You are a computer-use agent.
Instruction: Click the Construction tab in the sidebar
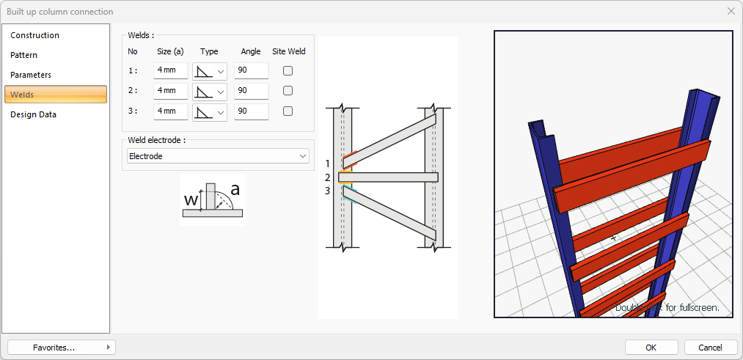pyautogui.click(x=34, y=35)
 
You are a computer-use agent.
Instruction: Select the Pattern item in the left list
pyautogui.click(x=23, y=55)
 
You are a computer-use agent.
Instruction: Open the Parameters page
pyautogui.click(x=31, y=75)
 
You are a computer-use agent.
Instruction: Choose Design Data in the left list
pyautogui.click(x=33, y=114)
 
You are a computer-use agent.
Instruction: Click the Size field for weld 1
pyautogui.click(x=171, y=70)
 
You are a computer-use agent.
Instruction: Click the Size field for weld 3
pyautogui.click(x=171, y=111)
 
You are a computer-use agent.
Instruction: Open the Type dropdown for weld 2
pyautogui.click(x=210, y=91)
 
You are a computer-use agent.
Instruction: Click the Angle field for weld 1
pyautogui.click(x=251, y=70)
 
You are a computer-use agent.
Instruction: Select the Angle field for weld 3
pyautogui.click(x=251, y=111)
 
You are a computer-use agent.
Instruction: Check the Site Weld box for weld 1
pyautogui.click(x=288, y=70)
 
